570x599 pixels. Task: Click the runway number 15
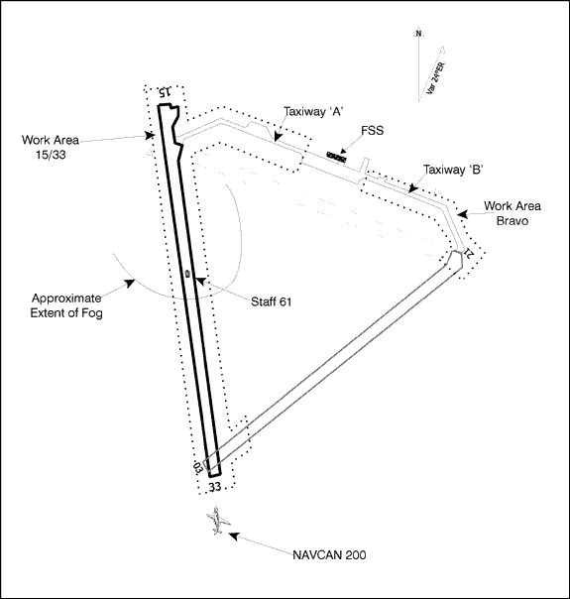pyautogui.click(x=165, y=91)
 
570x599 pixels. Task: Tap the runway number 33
pyautogui.click(x=214, y=487)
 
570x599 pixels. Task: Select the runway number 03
pyautogui.click(x=197, y=468)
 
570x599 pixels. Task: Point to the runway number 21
pyautogui.click(x=469, y=253)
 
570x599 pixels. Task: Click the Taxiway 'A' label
pyautogui.click(x=313, y=111)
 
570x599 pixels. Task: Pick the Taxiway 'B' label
pyautogui.click(x=454, y=170)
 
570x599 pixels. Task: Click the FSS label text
pyautogui.click(x=373, y=131)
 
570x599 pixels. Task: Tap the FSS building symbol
pyautogui.click(x=337, y=157)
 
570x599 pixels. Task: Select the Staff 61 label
pyautogui.click(x=271, y=301)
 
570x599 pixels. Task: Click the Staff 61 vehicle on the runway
pyautogui.click(x=187, y=273)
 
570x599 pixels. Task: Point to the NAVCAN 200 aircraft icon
pyautogui.click(x=218, y=521)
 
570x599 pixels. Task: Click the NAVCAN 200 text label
pyautogui.click(x=329, y=554)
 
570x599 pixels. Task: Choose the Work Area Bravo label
pyautogui.click(x=513, y=213)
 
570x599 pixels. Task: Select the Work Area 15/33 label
pyautogui.click(x=51, y=148)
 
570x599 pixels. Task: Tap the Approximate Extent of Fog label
pyautogui.click(x=66, y=305)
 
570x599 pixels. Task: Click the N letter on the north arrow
pyautogui.click(x=418, y=34)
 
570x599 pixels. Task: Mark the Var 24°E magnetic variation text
pyautogui.click(x=435, y=78)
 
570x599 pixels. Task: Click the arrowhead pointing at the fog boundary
pyautogui.click(x=130, y=283)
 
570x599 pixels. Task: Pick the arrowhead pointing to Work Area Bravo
pyautogui.click(x=462, y=214)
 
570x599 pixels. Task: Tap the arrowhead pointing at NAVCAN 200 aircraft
pyautogui.click(x=233, y=536)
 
